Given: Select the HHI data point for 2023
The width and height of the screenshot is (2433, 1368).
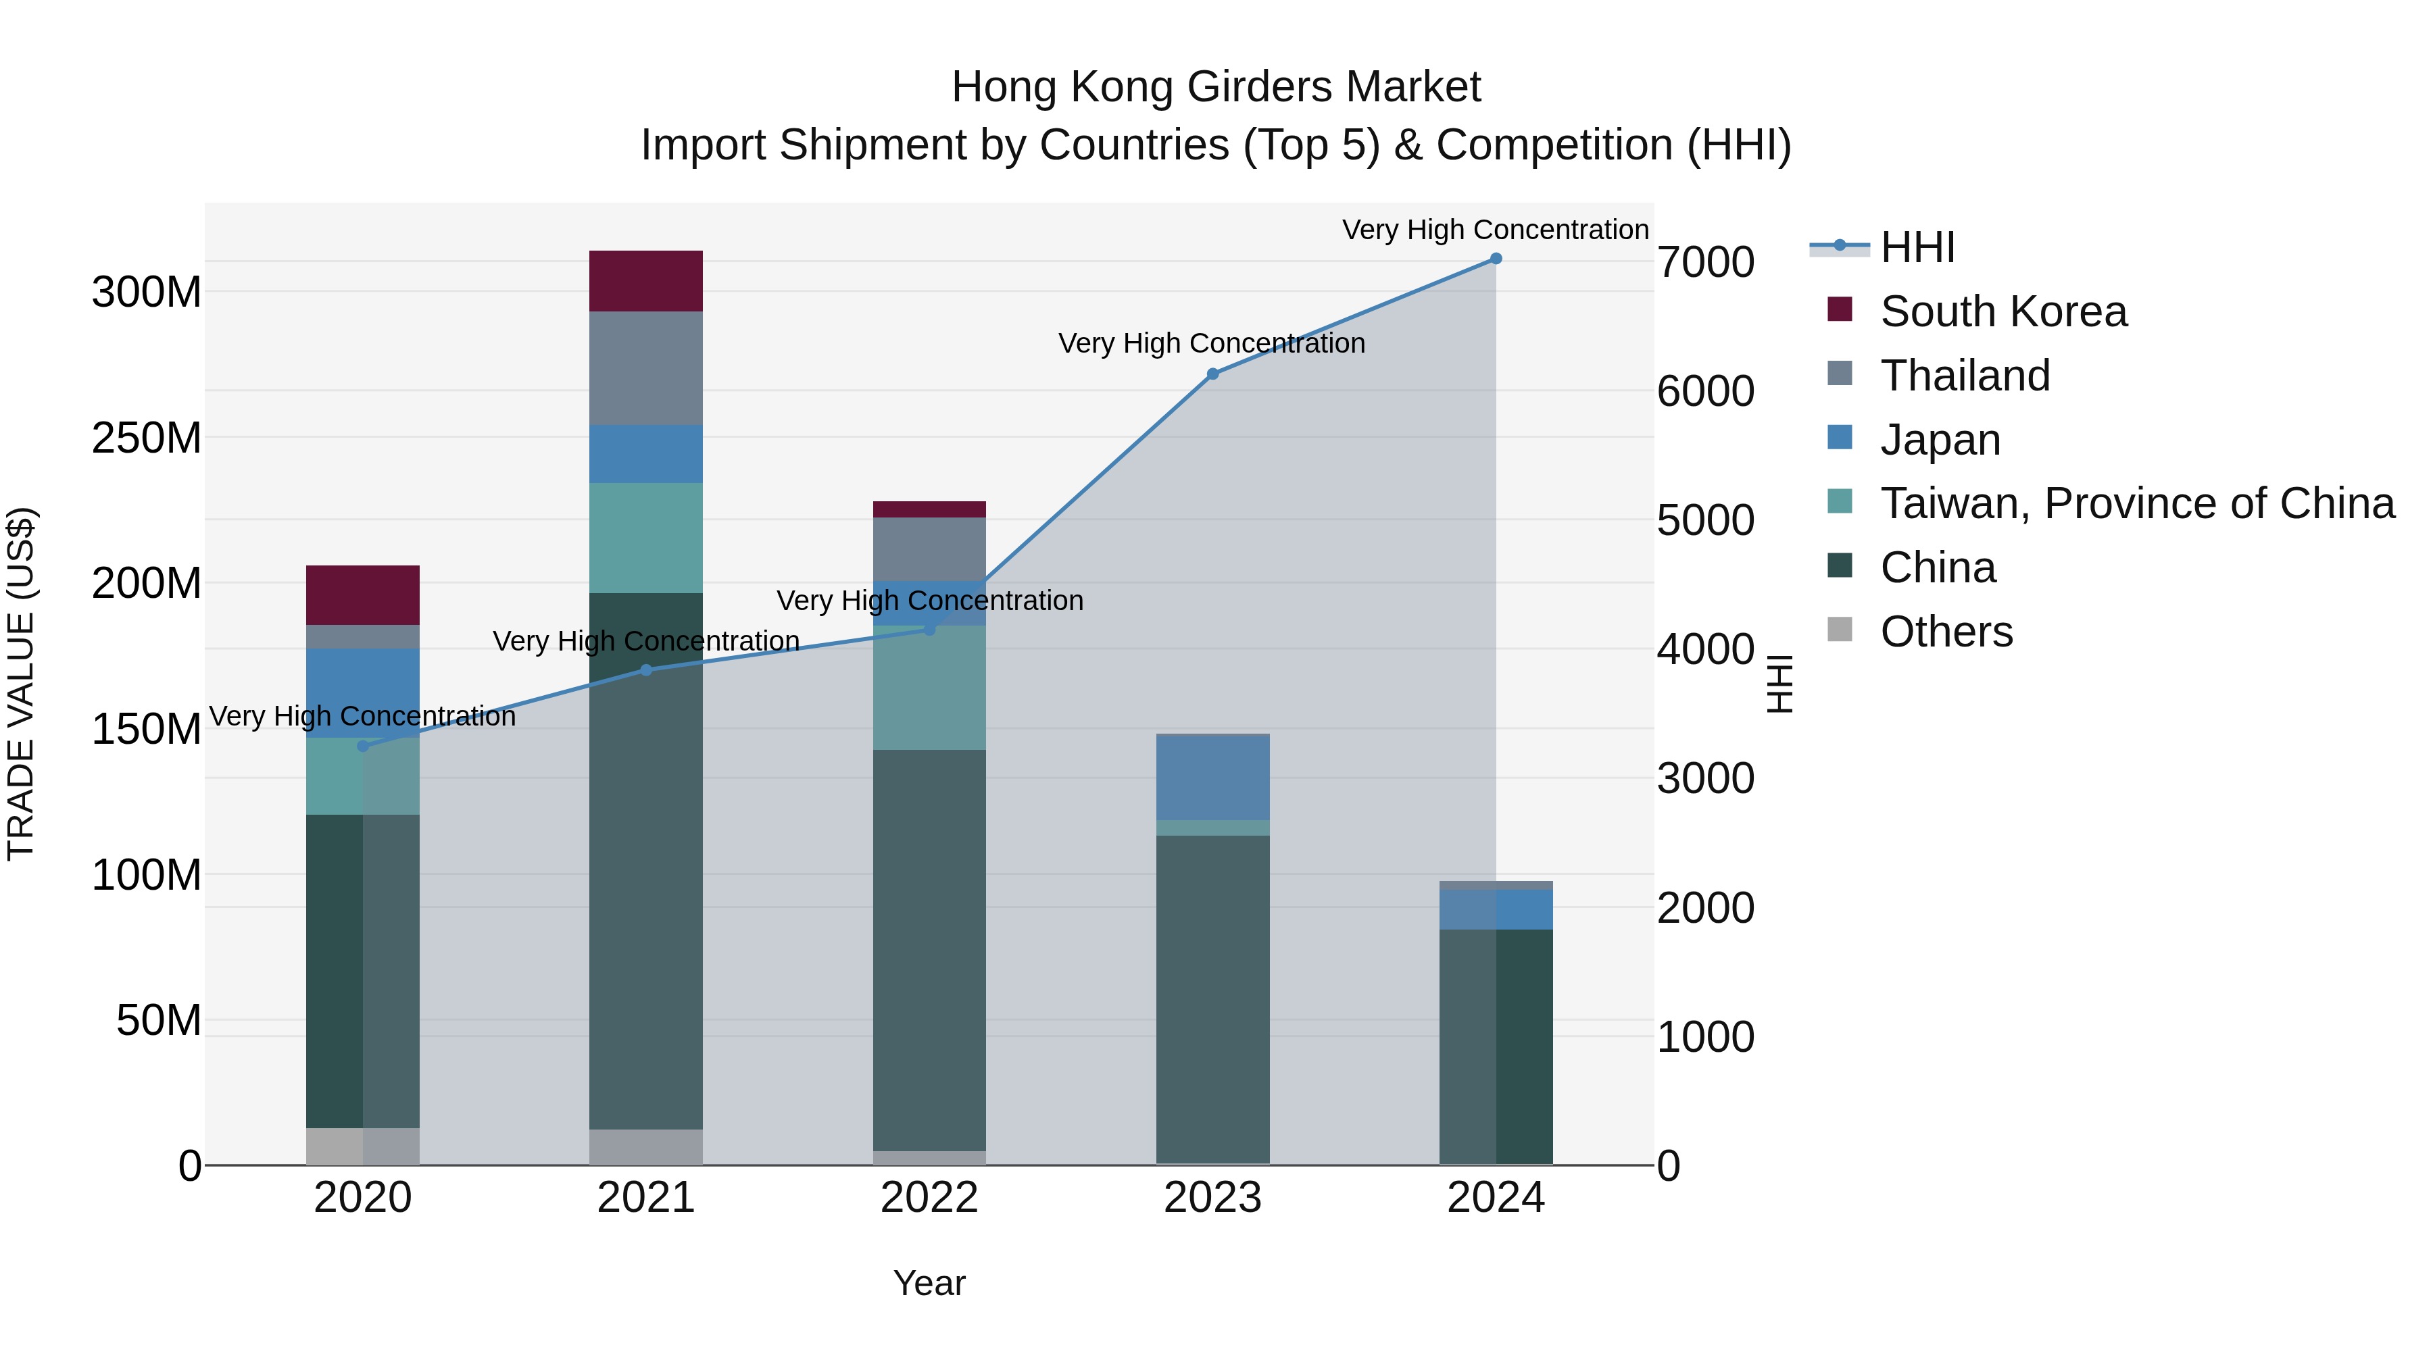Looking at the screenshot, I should point(1212,374).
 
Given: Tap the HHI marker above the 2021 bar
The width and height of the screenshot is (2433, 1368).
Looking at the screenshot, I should point(646,670).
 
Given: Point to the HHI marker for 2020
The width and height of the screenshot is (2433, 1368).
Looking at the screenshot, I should point(363,746).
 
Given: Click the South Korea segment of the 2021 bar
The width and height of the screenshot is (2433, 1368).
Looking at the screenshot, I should point(646,281).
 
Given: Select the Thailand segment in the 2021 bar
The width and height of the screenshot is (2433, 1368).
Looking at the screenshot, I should point(646,368).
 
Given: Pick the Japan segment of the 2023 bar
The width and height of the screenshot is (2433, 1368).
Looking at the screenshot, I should point(1212,777).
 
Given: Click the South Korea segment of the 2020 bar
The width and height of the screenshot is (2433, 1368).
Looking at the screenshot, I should point(363,594).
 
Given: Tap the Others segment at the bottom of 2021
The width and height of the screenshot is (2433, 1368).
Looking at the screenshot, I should point(646,1146).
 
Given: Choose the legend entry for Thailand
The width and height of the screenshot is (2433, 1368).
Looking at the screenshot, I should point(1965,376).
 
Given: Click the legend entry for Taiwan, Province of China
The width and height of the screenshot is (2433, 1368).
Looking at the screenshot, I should point(2136,503).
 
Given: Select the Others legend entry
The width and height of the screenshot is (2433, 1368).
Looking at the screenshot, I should point(1946,632).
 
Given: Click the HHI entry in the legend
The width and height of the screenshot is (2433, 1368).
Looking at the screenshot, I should point(1917,247).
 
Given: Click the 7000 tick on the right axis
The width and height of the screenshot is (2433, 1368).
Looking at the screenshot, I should point(1706,263).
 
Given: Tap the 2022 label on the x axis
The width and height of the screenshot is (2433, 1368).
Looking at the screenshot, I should point(929,1198).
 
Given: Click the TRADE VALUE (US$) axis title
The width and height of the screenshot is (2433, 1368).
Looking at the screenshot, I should point(21,684).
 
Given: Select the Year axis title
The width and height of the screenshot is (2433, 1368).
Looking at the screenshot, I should point(929,1283).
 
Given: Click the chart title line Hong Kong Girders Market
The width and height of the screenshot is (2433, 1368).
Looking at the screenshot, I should point(1216,87).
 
